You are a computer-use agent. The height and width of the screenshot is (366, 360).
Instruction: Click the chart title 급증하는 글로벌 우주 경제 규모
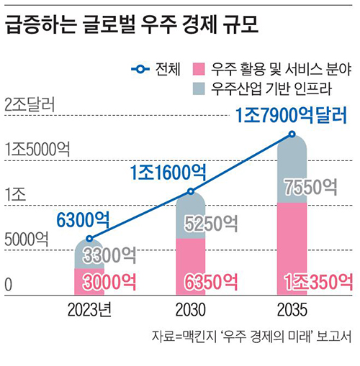pos(132,24)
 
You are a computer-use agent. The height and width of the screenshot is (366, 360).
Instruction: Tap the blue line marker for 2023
pos(89,239)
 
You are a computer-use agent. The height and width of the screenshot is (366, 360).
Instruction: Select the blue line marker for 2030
pos(191,191)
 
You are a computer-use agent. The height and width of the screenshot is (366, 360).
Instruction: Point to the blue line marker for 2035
pos(292,134)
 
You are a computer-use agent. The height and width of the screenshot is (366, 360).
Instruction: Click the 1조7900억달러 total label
pos(291,116)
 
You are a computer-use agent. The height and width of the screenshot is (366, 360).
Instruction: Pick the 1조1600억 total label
pos(168,173)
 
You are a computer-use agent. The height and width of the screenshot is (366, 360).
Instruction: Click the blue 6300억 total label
pos(83,220)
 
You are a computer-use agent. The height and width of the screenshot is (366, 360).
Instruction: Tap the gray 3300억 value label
pos(109,255)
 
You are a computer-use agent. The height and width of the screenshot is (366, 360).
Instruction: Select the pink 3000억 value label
pos(109,282)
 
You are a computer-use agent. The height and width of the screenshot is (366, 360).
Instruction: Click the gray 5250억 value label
pos(211,224)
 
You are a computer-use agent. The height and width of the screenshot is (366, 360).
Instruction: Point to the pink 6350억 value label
pos(211,282)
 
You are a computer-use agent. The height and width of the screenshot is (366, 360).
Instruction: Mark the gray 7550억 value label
pos(311,187)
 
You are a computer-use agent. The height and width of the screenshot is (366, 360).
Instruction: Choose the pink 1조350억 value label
pos(319,282)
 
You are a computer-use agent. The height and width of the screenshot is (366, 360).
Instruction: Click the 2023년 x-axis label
pos(89,310)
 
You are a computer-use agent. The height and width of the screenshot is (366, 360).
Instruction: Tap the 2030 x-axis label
pos(191,310)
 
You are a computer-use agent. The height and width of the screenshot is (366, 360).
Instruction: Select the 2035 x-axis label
pos(292,310)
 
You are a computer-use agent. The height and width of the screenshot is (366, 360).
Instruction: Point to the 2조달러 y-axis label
pos(30,104)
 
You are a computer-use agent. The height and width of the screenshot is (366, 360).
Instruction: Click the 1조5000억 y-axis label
pos(37,149)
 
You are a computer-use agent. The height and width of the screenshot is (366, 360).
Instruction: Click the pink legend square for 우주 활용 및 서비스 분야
pos(199,69)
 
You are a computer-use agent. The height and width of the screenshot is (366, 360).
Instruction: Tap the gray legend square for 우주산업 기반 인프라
pos(199,88)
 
